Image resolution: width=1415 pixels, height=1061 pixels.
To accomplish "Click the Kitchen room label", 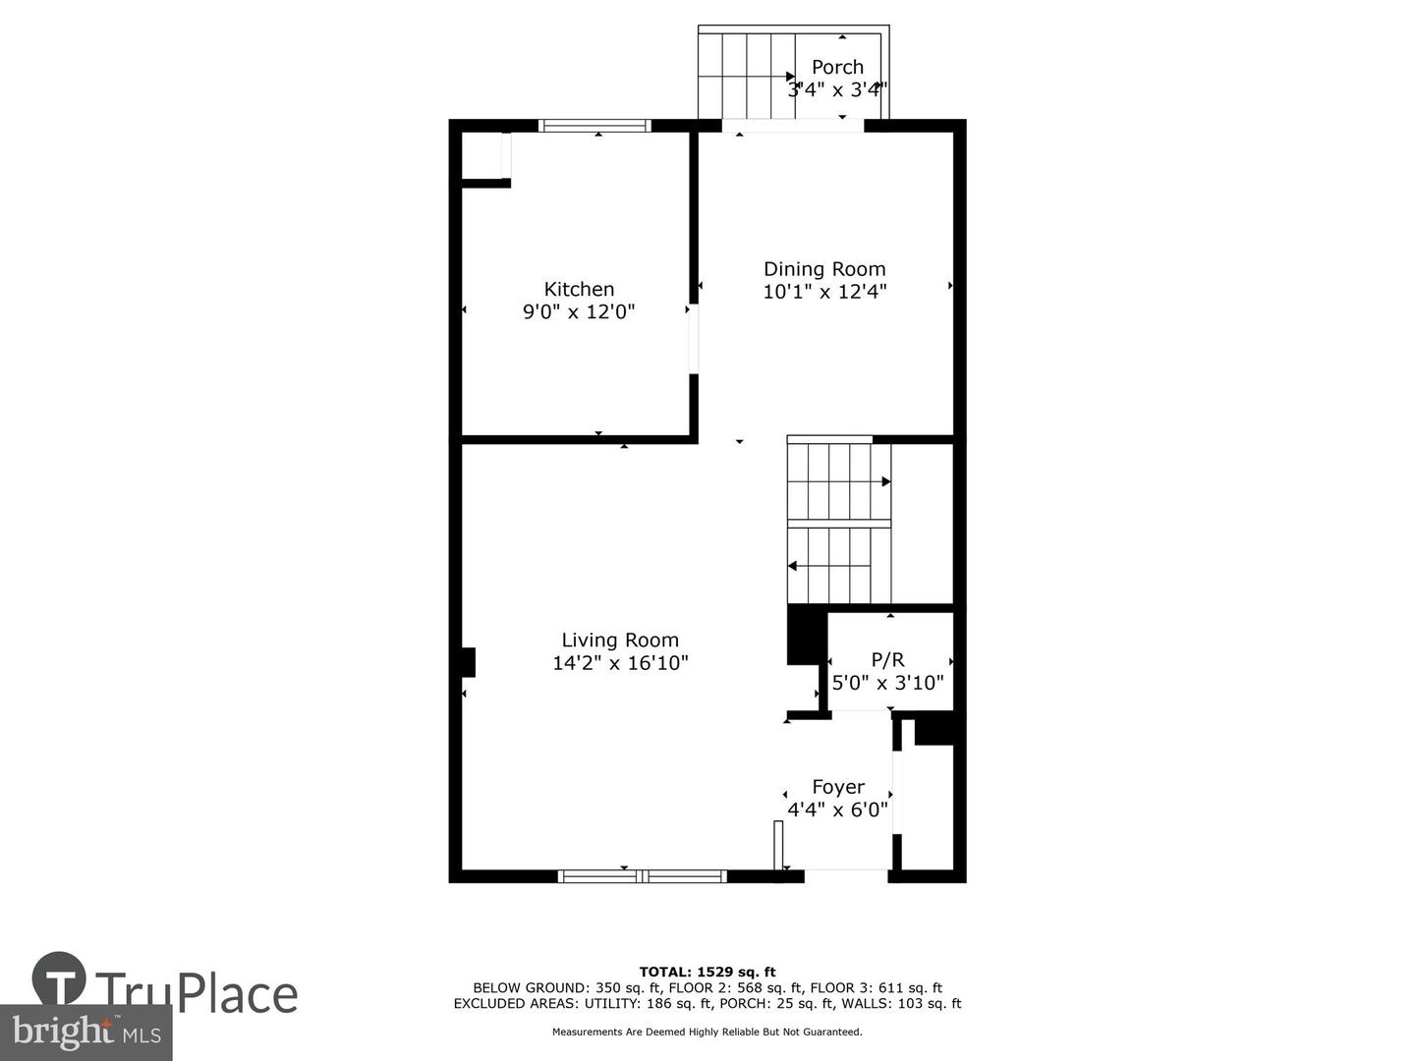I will tap(579, 289).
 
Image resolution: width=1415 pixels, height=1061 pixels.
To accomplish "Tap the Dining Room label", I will tap(824, 268).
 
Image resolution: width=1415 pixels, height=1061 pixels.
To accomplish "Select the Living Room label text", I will tap(620, 640).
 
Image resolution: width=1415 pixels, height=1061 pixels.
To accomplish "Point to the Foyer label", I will tap(838, 787).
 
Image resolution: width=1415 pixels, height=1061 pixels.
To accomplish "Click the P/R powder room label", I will tap(887, 660).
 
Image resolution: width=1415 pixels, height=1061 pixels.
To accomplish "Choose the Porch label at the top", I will tap(837, 67).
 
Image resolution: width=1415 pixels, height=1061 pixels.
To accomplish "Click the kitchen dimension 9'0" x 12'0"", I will tap(579, 312).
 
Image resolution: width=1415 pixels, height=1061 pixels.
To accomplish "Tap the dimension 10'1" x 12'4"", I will tap(824, 291).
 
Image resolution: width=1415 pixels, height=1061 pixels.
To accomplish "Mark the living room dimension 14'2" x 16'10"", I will tap(620, 663).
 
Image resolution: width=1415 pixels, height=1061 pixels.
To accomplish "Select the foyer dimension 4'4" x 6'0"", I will tap(838, 810).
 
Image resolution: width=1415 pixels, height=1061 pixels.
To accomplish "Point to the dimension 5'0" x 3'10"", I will tap(887, 682).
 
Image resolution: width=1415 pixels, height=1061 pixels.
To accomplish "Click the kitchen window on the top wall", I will tap(595, 126).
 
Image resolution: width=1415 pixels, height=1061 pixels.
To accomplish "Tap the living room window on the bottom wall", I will tap(643, 876).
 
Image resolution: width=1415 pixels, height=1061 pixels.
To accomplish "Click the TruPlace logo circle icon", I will tap(59, 978).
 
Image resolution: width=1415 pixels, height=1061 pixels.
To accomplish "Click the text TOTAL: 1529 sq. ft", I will tap(707, 973).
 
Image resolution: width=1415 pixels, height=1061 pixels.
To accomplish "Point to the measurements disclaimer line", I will tap(707, 1032).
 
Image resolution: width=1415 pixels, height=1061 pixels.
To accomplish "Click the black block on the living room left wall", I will tap(469, 662).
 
